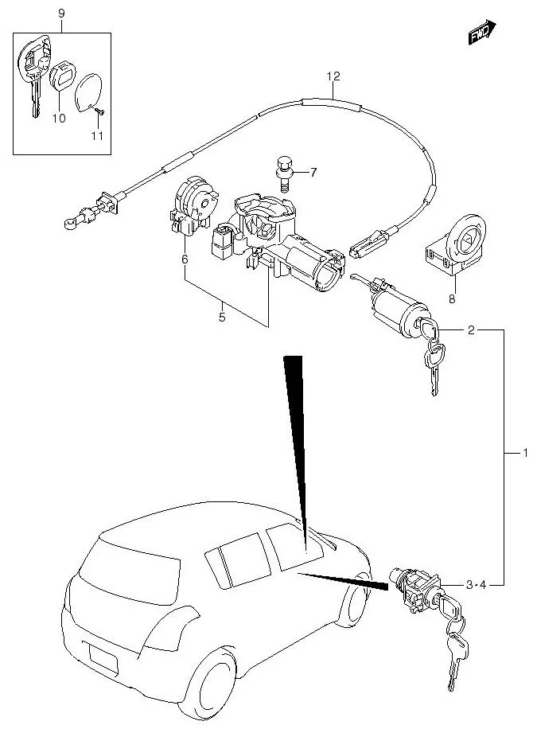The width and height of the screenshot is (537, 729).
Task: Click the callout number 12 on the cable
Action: coord(333,76)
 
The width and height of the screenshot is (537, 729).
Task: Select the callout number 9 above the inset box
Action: coord(62,14)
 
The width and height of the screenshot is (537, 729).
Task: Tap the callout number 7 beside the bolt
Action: coord(313,172)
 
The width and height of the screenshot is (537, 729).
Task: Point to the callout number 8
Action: coord(453,300)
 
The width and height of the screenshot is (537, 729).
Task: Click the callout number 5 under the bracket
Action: coord(222,318)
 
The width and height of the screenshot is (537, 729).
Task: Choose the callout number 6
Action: coord(184,259)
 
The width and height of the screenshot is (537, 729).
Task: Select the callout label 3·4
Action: coord(475,586)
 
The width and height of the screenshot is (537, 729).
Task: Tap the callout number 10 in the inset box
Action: coord(57,119)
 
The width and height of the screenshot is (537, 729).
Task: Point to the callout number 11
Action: coord(96,136)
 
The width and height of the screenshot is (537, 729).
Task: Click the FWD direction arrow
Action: coord(481,33)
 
